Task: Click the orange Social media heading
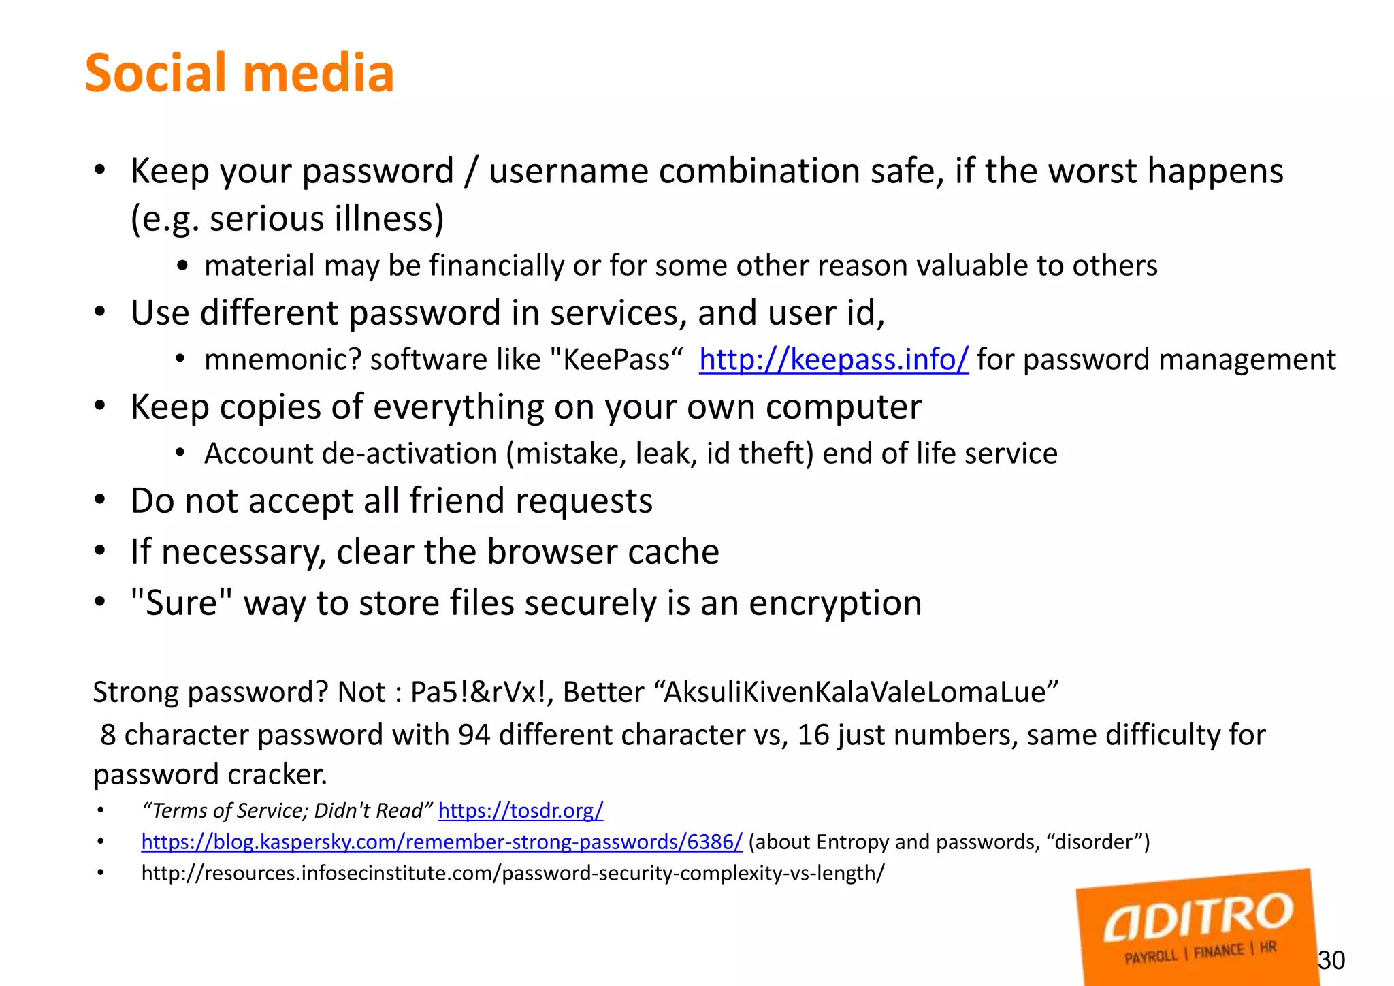coord(239,73)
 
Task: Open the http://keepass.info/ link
coord(833,360)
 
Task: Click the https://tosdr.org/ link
coord(521,810)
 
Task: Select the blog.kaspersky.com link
coord(441,842)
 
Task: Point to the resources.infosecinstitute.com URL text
coord(513,873)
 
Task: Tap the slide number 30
coord(1331,960)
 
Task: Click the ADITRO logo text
coord(1198,917)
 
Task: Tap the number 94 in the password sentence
coord(474,735)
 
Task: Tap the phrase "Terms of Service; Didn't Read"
coord(287,810)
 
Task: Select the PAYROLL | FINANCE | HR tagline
coord(1200,952)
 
